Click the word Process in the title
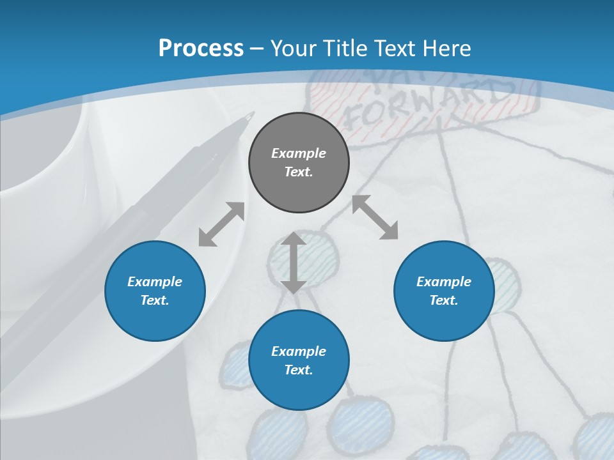(201, 49)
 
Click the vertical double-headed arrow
(294, 263)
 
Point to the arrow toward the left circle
(221, 224)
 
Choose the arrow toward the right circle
(375, 217)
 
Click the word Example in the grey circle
(299, 153)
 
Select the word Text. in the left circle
(155, 300)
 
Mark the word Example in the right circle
(444, 282)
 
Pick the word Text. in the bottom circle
(299, 370)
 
